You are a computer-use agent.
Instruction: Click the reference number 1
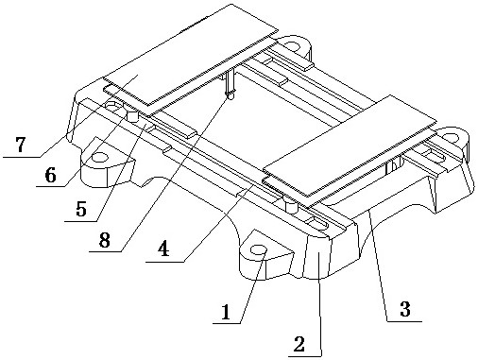pyautogui.click(x=226, y=312)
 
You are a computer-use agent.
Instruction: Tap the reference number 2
pyautogui.click(x=299, y=344)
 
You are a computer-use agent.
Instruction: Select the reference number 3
pyautogui.click(x=405, y=309)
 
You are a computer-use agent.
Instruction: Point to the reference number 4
pyautogui.click(x=163, y=249)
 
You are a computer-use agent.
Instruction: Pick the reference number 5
pyautogui.click(x=81, y=208)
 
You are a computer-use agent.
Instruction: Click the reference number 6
pyautogui.click(x=50, y=175)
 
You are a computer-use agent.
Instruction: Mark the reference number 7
pyautogui.click(x=21, y=145)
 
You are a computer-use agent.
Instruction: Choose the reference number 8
pyautogui.click(x=105, y=240)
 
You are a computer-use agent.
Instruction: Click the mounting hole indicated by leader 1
pyautogui.click(x=259, y=250)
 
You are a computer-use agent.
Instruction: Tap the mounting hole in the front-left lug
pyautogui.click(x=100, y=157)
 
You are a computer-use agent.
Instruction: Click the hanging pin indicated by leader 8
pyautogui.click(x=230, y=84)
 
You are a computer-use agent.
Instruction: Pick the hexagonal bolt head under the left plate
pyautogui.click(x=132, y=116)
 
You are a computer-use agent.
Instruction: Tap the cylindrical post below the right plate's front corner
pyautogui.click(x=291, y=206)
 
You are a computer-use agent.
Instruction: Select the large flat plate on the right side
pyautogui.click(x=350, y=146)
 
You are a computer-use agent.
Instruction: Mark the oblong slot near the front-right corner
pyautogui.click(x=317, y=224)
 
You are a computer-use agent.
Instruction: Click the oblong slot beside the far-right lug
pyautogui.click(x=434, y=155)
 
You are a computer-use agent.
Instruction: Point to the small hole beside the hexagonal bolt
pyautogui.click(x=111, y=105)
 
